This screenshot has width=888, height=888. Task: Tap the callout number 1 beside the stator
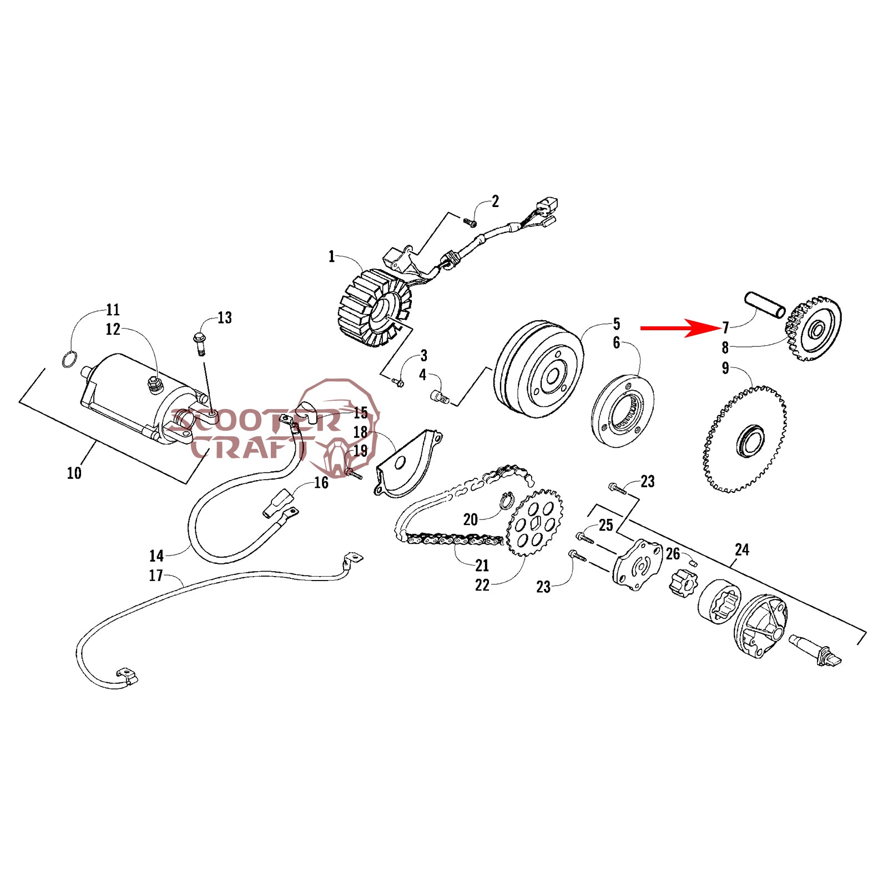click(x=332, y=257)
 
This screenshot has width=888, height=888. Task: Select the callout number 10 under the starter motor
click(x=74, y=473)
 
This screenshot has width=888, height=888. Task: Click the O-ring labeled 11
click(x=68, y=360)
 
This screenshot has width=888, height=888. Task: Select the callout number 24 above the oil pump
click(x=741, y=550)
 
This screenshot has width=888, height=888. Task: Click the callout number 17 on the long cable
click(x=156, y=576)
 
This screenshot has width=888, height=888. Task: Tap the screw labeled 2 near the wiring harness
click(x=470, y=223)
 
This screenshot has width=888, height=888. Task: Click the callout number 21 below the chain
click(x=482, y=566)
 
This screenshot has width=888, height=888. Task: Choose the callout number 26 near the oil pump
click(x=673, y=554)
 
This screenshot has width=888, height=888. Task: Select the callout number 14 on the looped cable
click(x=157, y=556)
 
